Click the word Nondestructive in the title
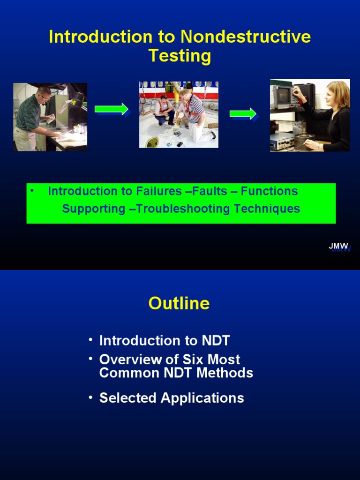[x=246, y=37]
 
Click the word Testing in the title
[x=180, y=56]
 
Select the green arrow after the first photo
[x=112, y=109]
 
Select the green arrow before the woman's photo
[x=243, y=114]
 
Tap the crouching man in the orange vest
[x=163, y=109]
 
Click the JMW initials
[x=338, y=246]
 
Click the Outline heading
[x=179, y=303]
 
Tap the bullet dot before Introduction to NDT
[x=90, y=339]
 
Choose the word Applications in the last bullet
[x=202, y=398]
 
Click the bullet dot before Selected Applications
[x=90, y=397]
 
